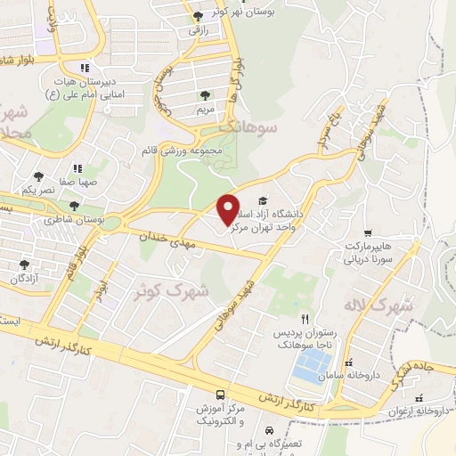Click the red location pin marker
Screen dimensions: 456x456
pyautogui.click(x=229, y=208)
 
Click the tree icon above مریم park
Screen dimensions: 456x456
pyautogui.click(x=206, y=94)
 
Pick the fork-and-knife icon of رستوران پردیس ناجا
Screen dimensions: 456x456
pyautogui.click(x=305, y=318)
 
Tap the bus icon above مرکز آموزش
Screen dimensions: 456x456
pyautogui.click(x=220, y=394)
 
